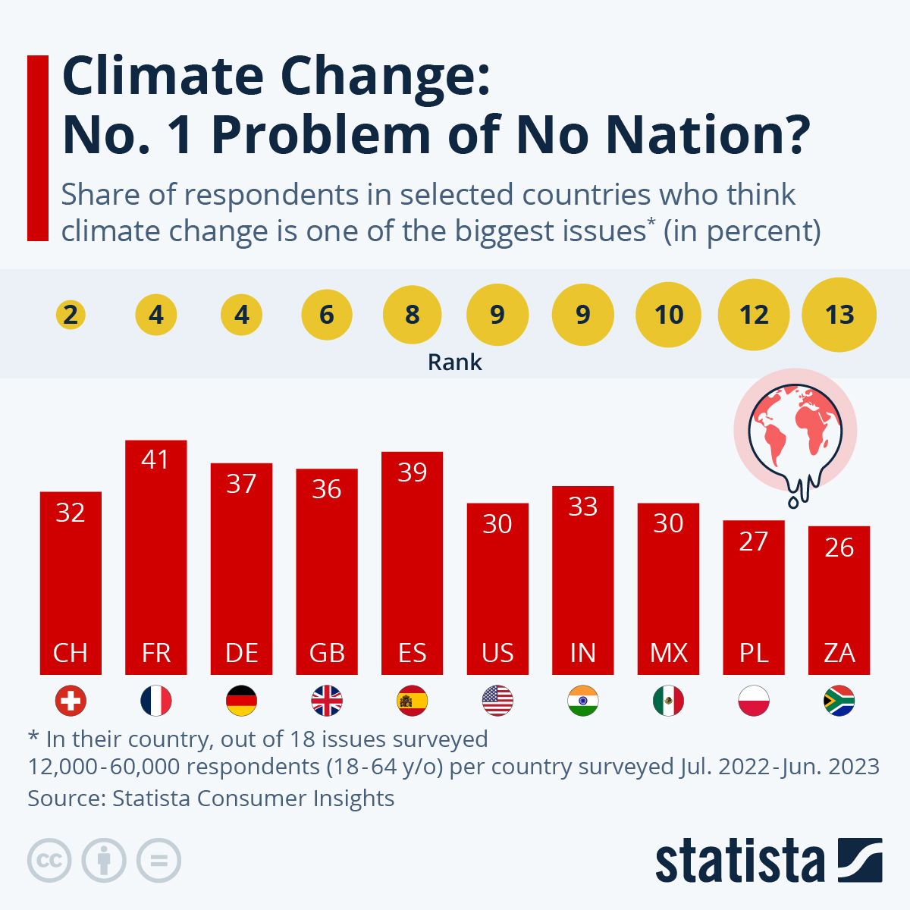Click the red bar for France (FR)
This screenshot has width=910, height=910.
(155, 557)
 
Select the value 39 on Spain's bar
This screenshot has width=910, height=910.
(413, 472)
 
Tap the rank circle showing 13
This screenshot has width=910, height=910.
(839, 315)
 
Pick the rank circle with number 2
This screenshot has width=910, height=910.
(71, 315)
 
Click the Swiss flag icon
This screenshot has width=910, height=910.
(71, 701)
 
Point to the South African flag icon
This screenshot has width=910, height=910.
(839, 701)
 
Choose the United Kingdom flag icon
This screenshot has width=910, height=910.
(327, 701)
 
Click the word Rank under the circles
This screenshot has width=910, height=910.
(455, 362)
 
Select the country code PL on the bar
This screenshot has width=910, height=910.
(754, 653)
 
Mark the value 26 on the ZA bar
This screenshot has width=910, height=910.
(839, 548)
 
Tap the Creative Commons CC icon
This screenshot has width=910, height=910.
(49, 861)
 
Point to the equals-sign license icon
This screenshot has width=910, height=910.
(158, 861)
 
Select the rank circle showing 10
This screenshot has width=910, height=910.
(669, 315)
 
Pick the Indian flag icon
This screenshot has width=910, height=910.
(583, 701)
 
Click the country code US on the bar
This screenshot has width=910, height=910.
(497, 653)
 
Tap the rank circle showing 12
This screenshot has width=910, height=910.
(754, 315)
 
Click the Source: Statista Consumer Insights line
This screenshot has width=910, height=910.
(211, 799)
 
